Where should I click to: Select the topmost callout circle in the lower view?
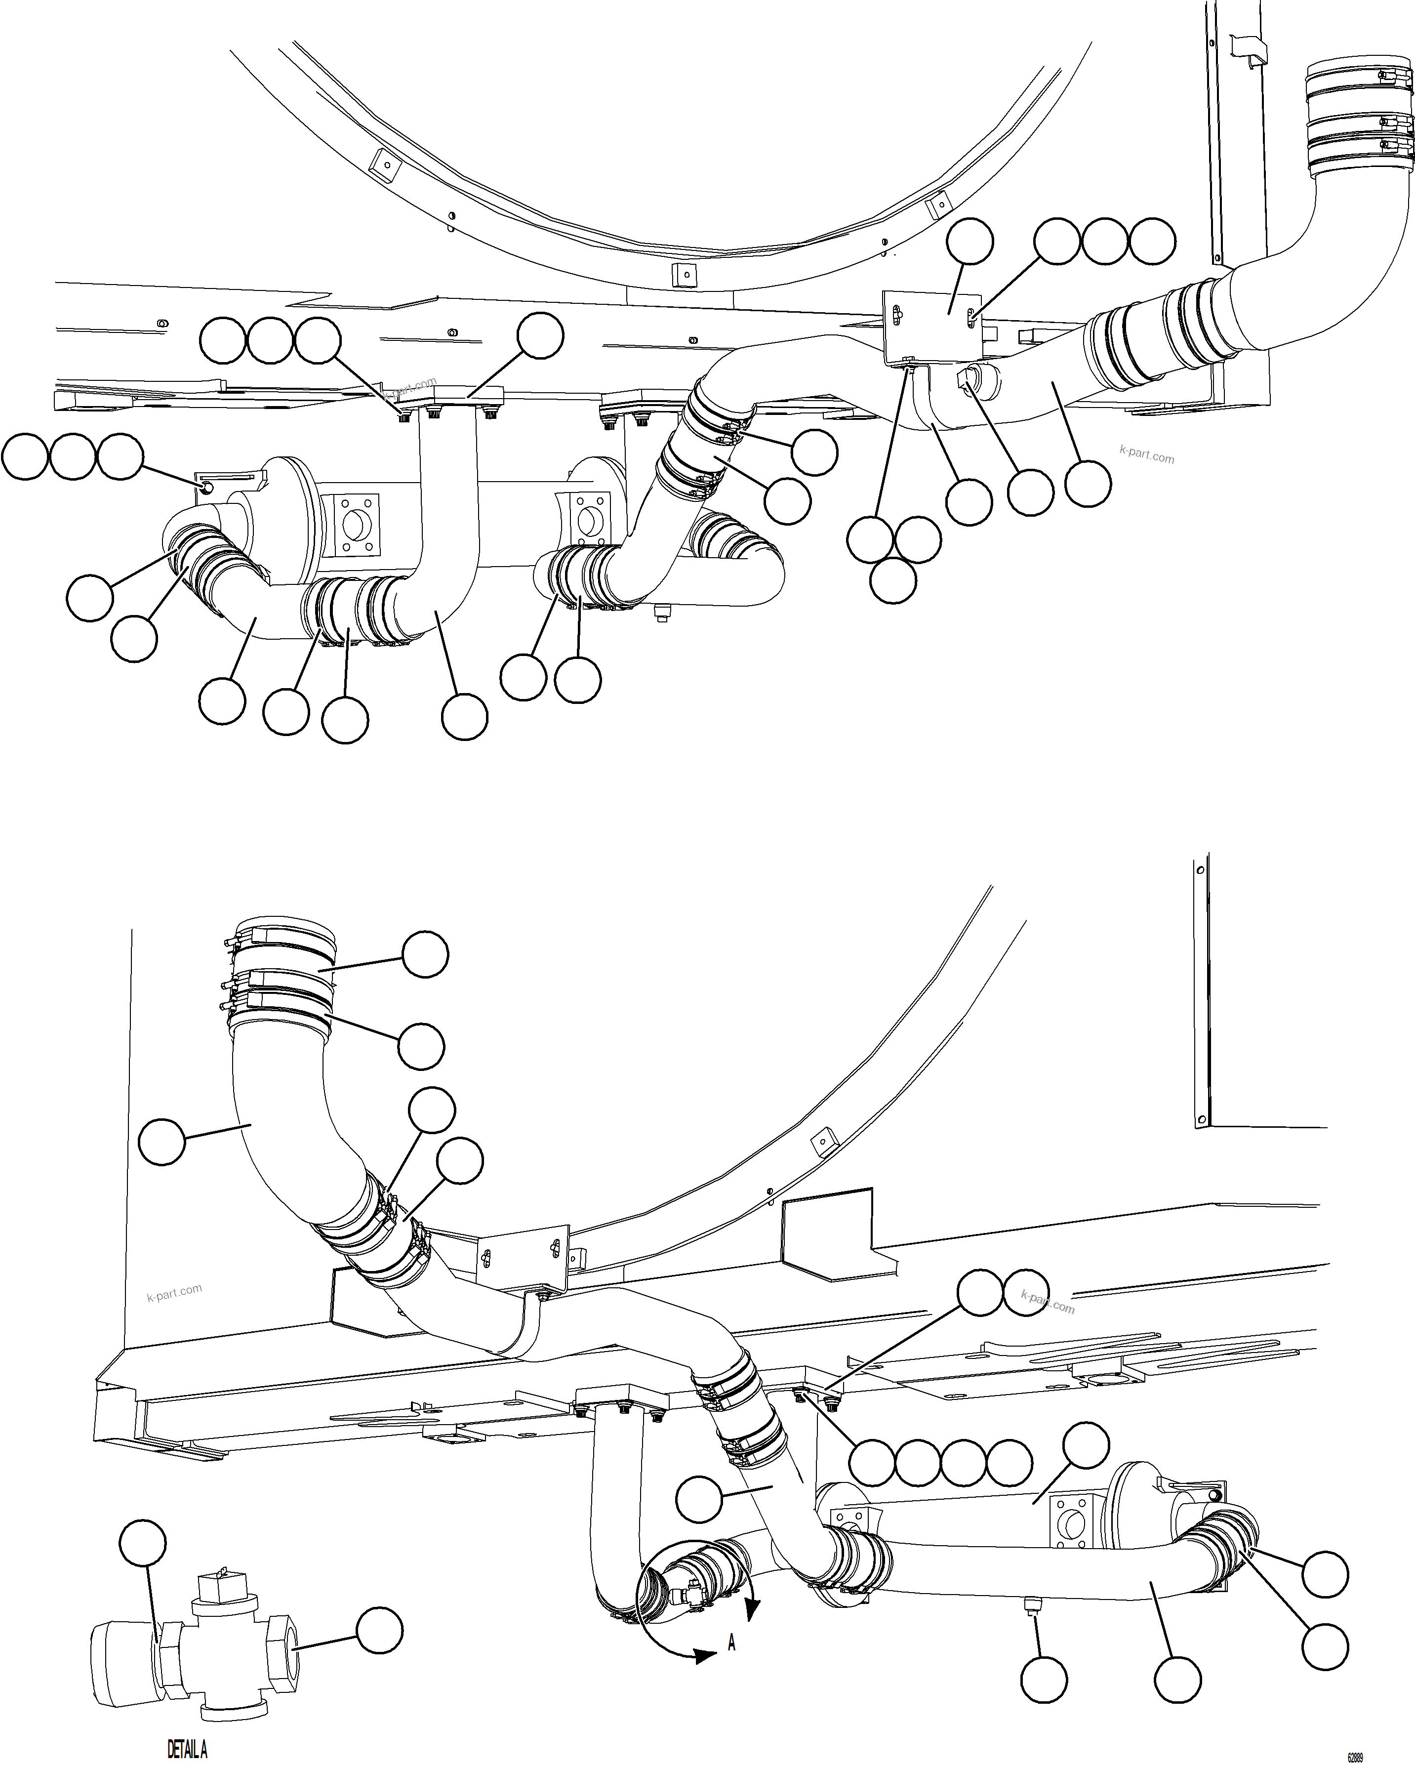coord(426,954)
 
